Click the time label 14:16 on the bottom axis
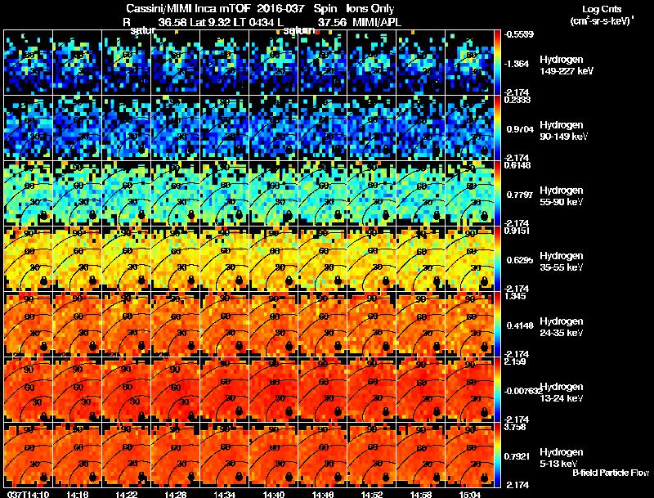[78, 494]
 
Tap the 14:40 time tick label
[274, 494]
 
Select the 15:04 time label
[470, 494]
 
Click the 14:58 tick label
[421, 494]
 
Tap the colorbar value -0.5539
[520, 34]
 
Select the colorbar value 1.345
[515, 296]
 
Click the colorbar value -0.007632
[523, 391]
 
